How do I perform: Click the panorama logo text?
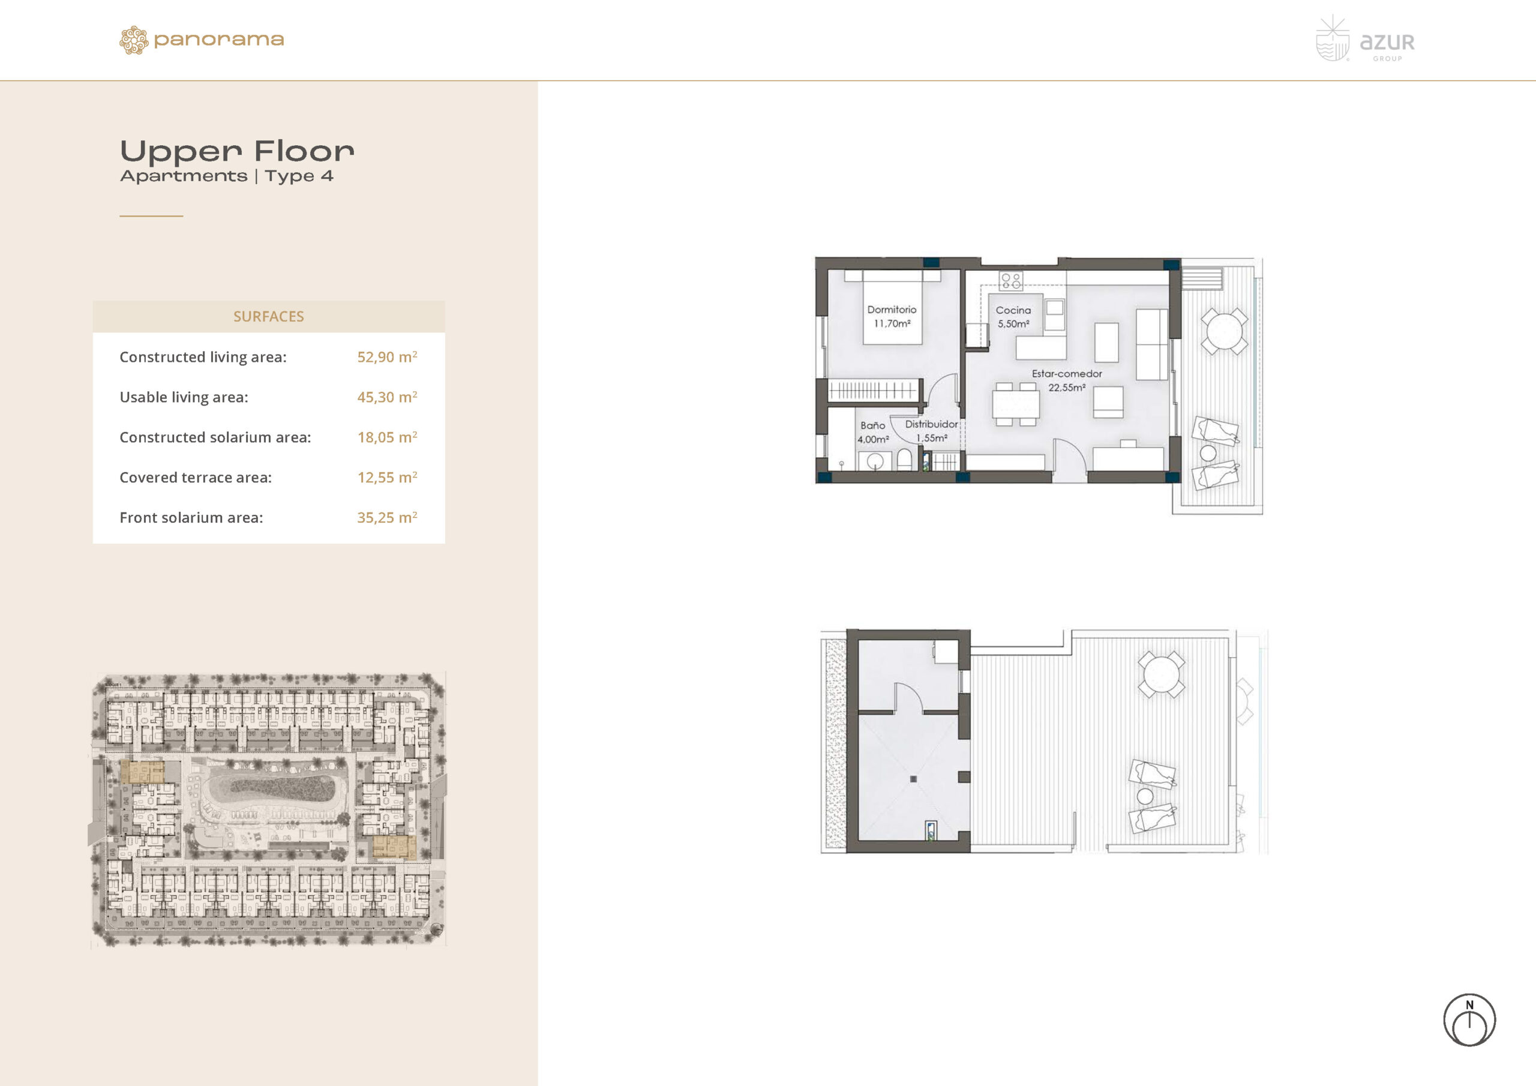(219, 40)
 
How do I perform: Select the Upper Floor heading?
(237, 151)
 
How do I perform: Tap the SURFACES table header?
(268, 316)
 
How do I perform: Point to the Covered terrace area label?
(196, 477)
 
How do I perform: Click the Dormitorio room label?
(892, 310)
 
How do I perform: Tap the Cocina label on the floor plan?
(1013, 310)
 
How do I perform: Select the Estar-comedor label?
(1066, 373)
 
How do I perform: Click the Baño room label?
(872, 425)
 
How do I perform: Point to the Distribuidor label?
(931, 424)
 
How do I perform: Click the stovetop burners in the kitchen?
(1011, 280)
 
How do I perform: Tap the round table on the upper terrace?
(1223, 331)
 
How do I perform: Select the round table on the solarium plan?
(1162, 674)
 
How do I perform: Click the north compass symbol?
(1469, 1021)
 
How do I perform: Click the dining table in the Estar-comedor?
(1016, 404)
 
